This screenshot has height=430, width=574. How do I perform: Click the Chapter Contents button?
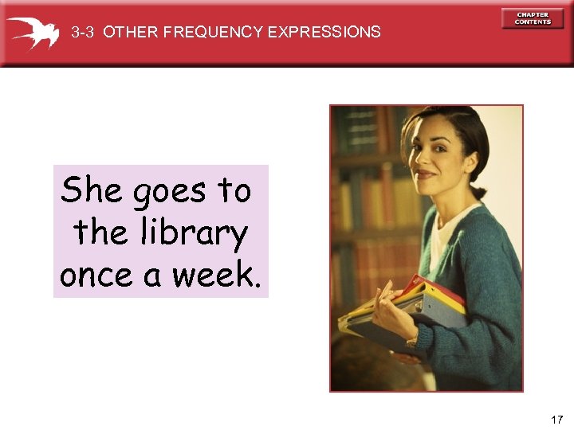533,18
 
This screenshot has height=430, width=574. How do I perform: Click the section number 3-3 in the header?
83,33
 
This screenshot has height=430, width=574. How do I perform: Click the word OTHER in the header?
131,33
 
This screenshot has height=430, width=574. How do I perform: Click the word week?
215,275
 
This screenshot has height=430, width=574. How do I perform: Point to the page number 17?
556,419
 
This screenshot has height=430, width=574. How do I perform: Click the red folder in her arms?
434,288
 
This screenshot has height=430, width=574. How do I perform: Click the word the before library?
100,233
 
